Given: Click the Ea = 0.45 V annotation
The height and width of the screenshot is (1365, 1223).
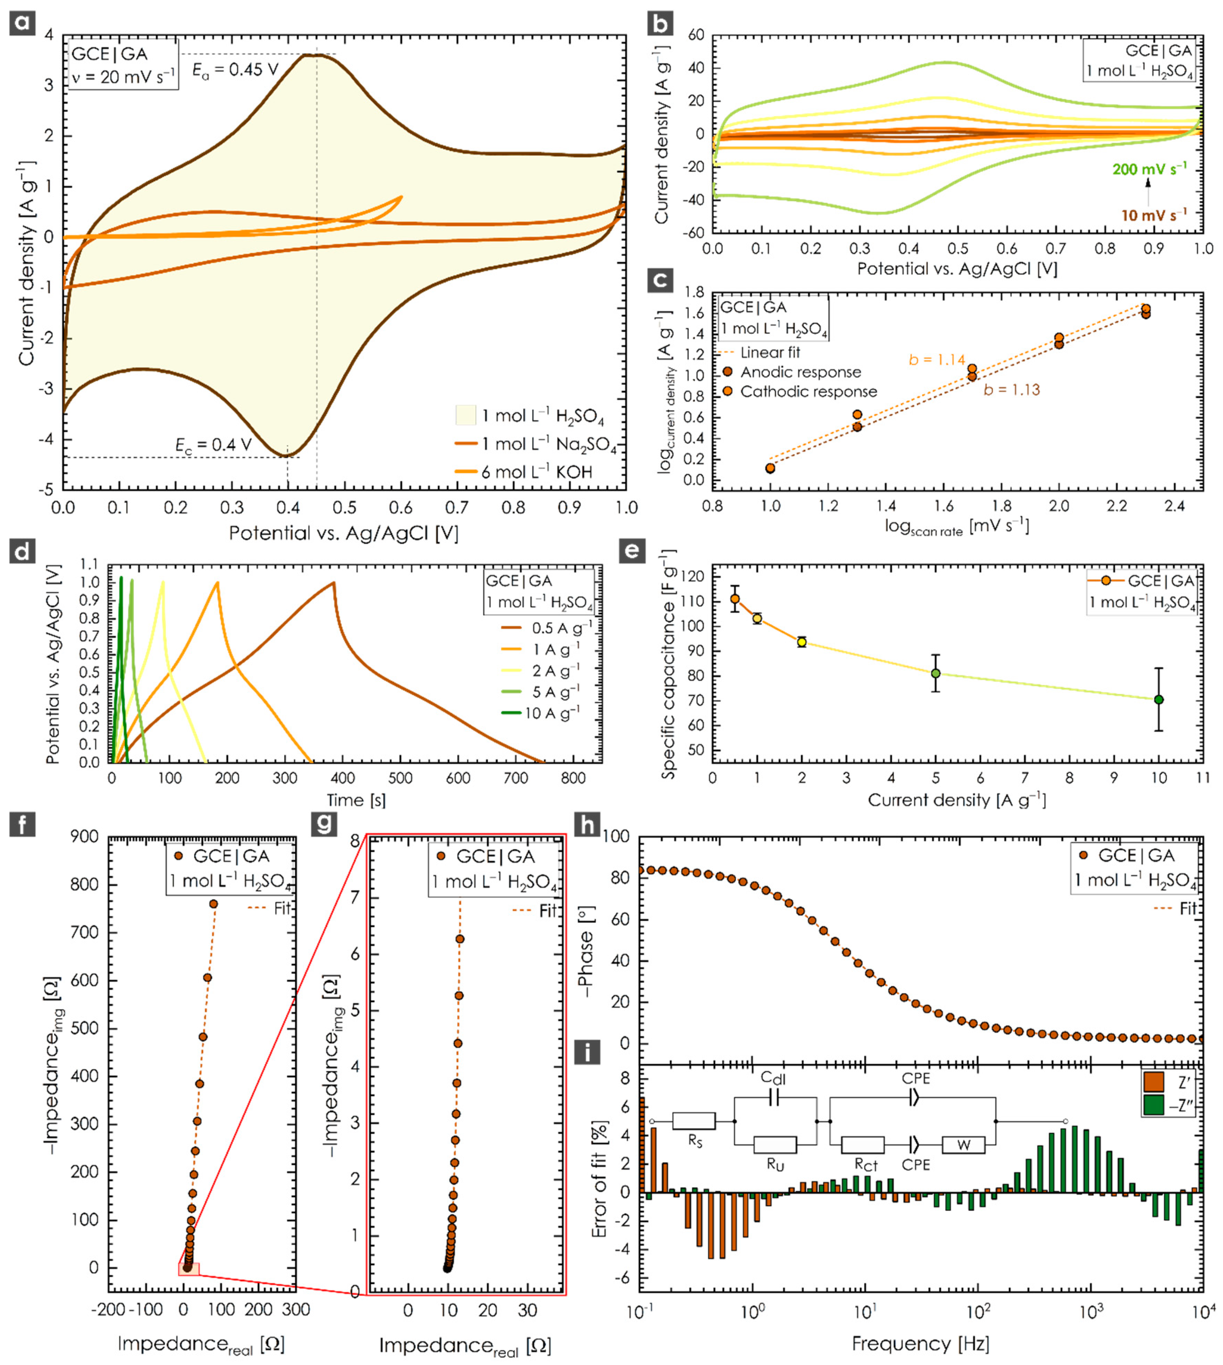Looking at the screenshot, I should [x=235, y=70].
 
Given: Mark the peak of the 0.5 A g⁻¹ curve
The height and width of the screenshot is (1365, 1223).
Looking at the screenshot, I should [x=333, y=582].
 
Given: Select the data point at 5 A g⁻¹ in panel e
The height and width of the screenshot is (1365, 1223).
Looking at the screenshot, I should [x=935, y=673].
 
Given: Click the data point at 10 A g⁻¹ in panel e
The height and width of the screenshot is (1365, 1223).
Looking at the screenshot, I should [x=1159, y=699].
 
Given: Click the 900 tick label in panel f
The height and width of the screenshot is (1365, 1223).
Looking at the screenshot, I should [x=84, y=837].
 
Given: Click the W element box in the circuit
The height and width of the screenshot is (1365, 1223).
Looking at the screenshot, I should [x=963, y=1145].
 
